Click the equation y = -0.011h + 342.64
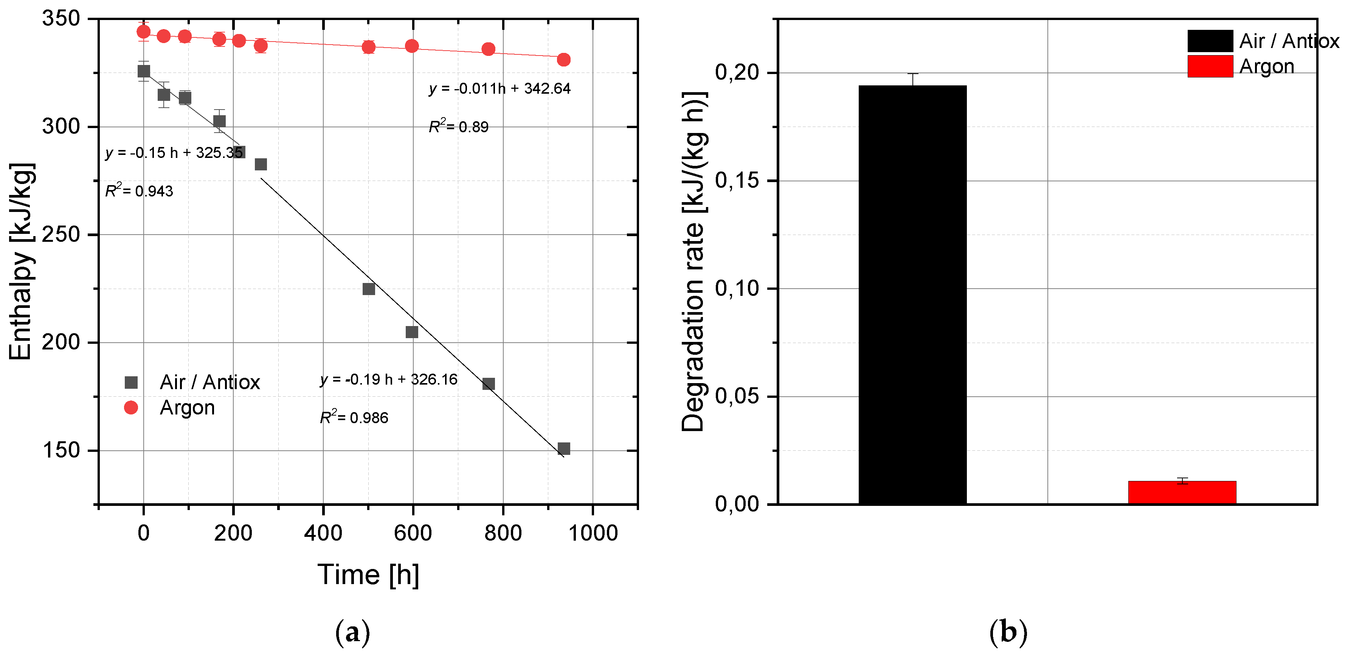pos(500,89)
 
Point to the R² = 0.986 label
pos(354,417)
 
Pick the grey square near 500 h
pos(369,289)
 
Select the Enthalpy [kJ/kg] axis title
pos(21,261)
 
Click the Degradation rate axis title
pos(694,261)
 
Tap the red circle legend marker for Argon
pos(131,408)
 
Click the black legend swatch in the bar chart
pos(1210,41)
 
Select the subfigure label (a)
pos(352,632)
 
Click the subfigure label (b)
pos(1008,632)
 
